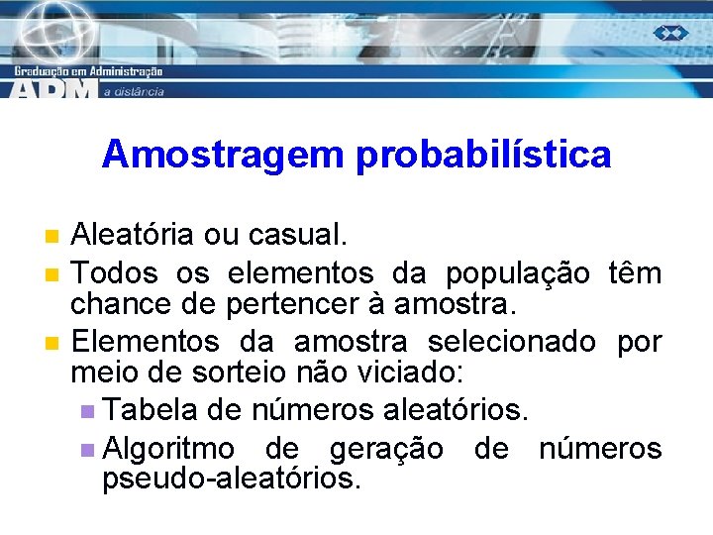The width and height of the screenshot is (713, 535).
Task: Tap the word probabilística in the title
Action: point(477,156)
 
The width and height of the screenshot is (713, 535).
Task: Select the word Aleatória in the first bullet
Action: point(133,236)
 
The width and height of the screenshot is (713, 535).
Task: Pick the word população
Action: point(517,271)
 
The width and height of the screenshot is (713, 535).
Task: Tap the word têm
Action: point(636,271)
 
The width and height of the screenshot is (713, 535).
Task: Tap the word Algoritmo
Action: point(168,448)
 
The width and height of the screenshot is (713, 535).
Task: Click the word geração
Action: point(385,448)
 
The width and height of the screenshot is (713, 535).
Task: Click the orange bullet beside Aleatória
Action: point(52,236)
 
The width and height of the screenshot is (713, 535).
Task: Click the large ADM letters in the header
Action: point(54,88)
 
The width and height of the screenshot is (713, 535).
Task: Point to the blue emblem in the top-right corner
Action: point(670,33)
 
